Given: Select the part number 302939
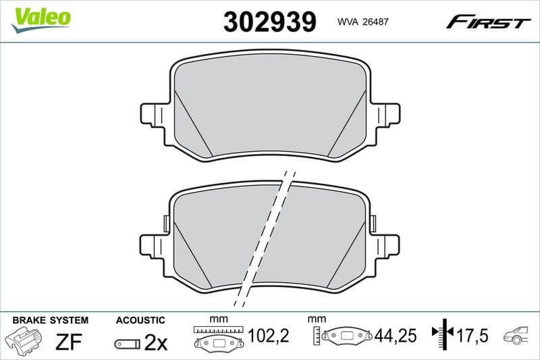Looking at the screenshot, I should pos(269,22).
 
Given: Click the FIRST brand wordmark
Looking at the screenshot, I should pos(488,22).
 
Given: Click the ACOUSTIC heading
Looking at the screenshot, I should pos(140,319).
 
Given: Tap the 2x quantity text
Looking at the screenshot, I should pos(155,342).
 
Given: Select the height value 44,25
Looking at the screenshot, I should pos(394,336).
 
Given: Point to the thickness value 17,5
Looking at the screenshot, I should pos(471,336).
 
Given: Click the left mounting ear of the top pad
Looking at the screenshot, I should pos(152,114).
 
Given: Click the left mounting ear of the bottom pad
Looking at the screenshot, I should pos(152,245).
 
